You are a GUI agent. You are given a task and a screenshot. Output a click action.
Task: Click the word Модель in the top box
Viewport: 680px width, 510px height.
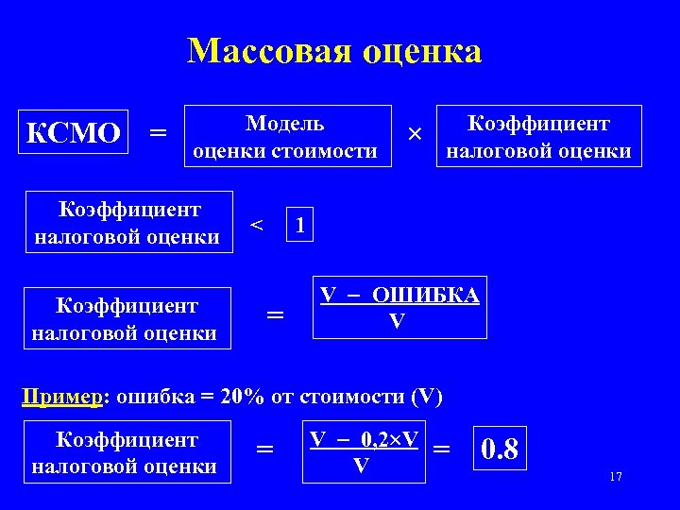(284, 124)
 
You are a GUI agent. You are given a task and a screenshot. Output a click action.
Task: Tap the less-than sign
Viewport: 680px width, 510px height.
(255, 224)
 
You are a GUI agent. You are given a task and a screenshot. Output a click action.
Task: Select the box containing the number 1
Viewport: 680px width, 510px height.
(299, 224)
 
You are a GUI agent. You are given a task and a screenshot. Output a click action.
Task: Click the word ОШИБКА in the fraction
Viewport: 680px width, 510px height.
(425, 295)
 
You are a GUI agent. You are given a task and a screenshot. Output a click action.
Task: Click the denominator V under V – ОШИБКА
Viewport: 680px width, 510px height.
(398, 320)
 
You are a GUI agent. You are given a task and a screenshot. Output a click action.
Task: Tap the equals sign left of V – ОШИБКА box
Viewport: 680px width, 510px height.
(275, 315)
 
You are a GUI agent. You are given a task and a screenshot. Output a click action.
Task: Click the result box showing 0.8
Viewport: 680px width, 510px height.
(500, 449)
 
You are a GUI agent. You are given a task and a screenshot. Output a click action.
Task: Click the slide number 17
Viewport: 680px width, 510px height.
(616, 477)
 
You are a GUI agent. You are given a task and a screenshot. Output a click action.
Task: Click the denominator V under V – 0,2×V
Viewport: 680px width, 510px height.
(360, 465)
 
